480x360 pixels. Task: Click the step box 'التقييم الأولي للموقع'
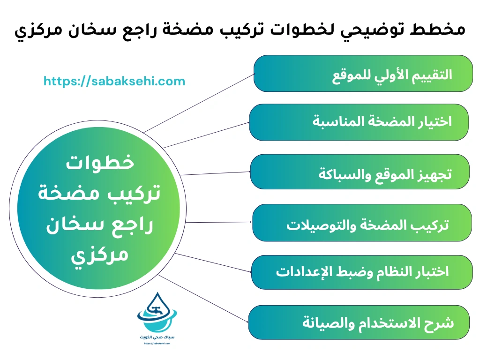pos(363,74)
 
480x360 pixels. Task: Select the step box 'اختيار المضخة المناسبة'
pos(359,122)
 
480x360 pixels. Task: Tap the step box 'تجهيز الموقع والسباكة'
pos(360,172)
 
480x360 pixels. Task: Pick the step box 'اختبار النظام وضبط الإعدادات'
pos(361,272)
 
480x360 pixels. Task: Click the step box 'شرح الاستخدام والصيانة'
pos(359,322)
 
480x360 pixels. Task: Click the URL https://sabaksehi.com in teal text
pos(114,81)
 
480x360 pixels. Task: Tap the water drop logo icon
pos(153,314)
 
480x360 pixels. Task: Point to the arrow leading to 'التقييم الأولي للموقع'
pos(197,103)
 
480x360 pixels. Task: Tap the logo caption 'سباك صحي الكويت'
pos(153,337)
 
